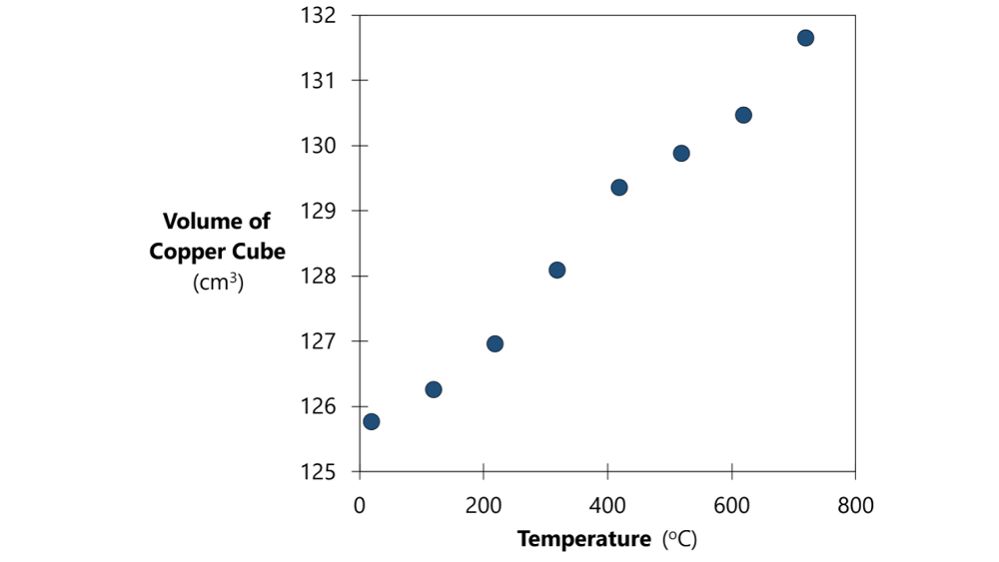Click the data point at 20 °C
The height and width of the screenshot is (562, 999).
click(x=372, y=421)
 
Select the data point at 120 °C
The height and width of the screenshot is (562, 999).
click(x=434, y=389)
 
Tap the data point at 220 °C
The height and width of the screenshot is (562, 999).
click(x=495, y=343)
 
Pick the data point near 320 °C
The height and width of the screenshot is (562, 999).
click(x=557, y=270)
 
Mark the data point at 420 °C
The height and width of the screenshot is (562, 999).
click(x=619, y=188)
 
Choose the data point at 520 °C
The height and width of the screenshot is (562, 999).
click(x=681, y=154)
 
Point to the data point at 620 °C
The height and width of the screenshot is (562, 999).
click(x=743, y=115)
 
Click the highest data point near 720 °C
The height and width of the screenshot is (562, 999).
click(x=805, y=38)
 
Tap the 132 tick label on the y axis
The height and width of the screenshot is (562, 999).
click(x=319, y=16)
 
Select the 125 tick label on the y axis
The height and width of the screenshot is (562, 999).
click(x=319, y=472)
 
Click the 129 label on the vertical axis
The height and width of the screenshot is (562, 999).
click(x=319, y=212)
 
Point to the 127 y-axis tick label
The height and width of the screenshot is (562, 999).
click(x=319, y=341)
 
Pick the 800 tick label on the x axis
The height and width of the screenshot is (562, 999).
click(x=855, y=506)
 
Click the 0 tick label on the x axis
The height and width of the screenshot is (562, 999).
click(x=360, y=506)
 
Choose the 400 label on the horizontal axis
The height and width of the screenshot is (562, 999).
click(x=607, y=506)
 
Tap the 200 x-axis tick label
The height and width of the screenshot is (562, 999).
click(x=484, y=506)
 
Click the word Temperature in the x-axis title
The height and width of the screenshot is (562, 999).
click(x=583, y=540)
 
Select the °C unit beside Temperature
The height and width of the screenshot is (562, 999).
click(x=680, y=540)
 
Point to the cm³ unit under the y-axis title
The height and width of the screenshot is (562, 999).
click(x=218, y=282)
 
